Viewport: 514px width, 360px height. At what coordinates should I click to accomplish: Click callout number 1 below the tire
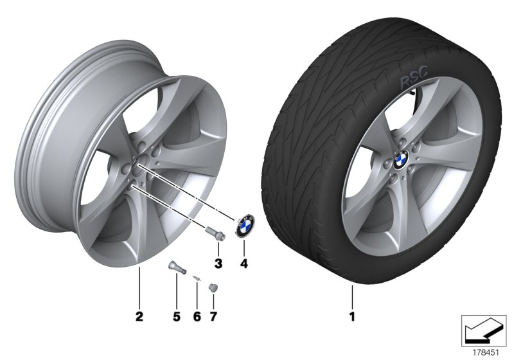click(351, 316)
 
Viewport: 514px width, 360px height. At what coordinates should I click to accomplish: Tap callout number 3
click(218, 263)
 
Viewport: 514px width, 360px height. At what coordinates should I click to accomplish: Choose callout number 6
click(197, 316)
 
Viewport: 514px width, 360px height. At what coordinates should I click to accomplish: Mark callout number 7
click(213, 316)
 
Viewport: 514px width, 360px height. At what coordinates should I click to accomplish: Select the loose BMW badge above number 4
click(244, 226)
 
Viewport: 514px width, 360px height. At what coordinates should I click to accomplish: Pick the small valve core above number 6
click(195, 277)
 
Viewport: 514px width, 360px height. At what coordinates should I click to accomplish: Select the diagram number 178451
click(486, 352)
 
